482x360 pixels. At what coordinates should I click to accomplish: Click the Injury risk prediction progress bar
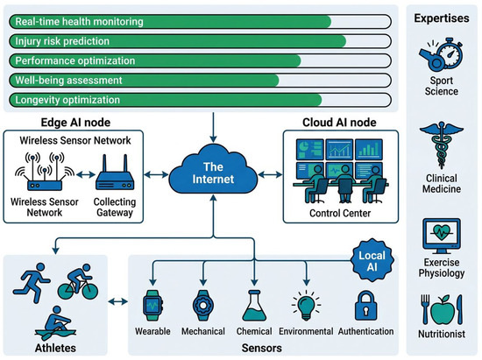tap(200, 41)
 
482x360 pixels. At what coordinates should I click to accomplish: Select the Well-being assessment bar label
tap(69, 81)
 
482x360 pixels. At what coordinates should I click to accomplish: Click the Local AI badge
tap(372, 260)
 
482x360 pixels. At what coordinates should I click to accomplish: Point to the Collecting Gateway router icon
tap(115, 173)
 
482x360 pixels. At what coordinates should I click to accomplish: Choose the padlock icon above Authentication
tap(365, 306)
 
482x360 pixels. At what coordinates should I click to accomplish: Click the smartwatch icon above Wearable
tap(152, 306)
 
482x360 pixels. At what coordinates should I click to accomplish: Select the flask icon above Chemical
tap(254, 306)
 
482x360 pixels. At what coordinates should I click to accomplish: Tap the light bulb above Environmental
tap(306, 306)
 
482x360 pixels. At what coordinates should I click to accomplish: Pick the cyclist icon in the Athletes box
tap(78, 282)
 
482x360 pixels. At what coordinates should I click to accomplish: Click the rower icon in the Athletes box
tap(55, 322)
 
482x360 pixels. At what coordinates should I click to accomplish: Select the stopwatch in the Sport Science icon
tap(450, 53)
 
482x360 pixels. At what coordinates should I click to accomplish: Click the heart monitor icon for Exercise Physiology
tap(442, 236)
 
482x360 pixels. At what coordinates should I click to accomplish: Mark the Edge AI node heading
tap(75, 123)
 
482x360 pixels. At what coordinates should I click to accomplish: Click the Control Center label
tap(340, 213)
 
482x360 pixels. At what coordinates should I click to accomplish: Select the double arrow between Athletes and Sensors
tap(118, 301)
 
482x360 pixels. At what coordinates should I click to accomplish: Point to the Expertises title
tap(442, 18)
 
